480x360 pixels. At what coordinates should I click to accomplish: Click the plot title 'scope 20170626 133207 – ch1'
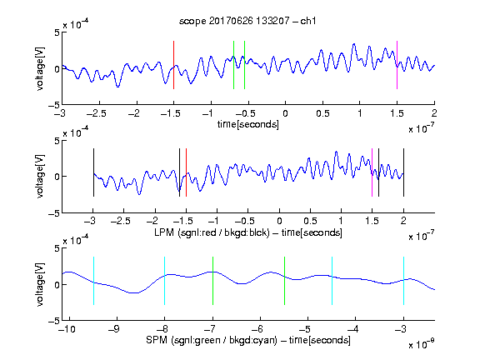pos(247,21)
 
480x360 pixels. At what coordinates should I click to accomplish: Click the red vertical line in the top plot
pos(173,65)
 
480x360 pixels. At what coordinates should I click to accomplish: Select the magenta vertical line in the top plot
pos(397,65)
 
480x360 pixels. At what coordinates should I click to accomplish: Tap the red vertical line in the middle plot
pos(186,172)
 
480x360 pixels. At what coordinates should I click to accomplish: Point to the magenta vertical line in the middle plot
pos(372,172)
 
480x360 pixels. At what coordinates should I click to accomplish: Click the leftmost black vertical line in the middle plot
pos(93,172)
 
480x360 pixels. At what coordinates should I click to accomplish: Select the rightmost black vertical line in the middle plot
pos(403,172)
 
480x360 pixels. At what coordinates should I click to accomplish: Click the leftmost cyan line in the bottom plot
pos(93,281)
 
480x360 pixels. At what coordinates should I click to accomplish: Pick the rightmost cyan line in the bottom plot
pos(403,281)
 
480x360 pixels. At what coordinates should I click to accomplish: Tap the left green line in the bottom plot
pos(212,281)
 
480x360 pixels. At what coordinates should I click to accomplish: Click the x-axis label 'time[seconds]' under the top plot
pos(248,124)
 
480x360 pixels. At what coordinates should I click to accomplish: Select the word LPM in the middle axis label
pos(164,232)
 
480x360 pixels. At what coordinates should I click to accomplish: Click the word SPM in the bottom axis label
pos(156,340)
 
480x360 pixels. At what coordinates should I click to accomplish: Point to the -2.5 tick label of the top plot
pos(97,113)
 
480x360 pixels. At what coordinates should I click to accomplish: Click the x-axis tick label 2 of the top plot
pos(434,113)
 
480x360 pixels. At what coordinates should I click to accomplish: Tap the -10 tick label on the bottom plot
pos(67,329)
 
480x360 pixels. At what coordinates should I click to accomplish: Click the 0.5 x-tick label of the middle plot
pos(310,221)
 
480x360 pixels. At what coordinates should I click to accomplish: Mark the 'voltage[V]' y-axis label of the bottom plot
pos(40,284)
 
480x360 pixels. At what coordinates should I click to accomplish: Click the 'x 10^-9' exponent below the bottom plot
pos(422,344)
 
